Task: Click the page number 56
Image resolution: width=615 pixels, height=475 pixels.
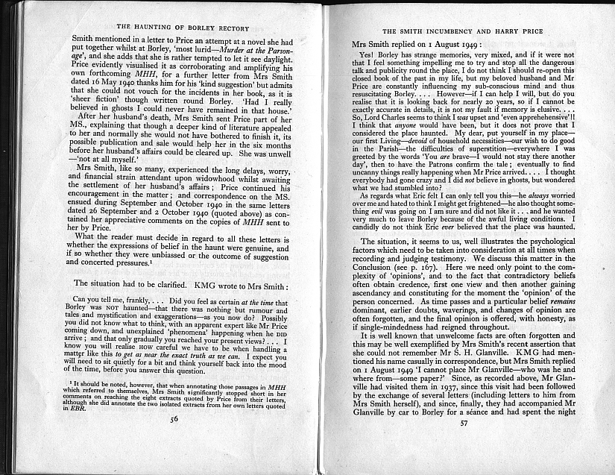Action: (174, 440)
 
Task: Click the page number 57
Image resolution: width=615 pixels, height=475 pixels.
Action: (464, 444)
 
